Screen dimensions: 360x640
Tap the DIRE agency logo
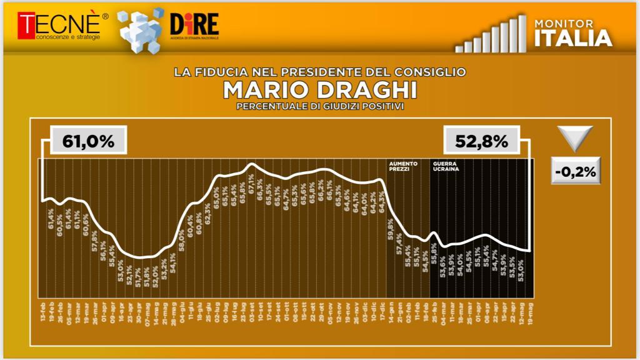(194, 26)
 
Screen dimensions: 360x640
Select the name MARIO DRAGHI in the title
(319, 90)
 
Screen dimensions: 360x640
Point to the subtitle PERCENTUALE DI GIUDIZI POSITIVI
(319, 106)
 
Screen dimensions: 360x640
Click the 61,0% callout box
(89, 141)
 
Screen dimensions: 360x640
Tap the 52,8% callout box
(481, 141)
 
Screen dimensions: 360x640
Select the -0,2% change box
(575, 171)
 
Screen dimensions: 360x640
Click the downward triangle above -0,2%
(575, 137)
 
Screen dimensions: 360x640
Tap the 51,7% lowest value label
(137, 277)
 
